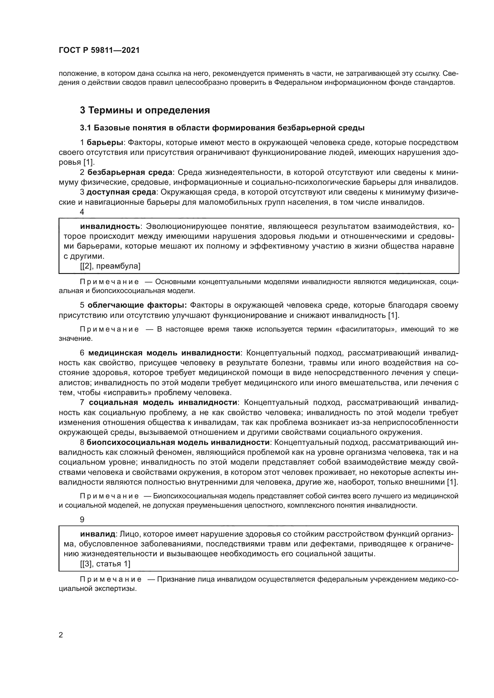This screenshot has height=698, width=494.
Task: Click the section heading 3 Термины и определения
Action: (145, 110)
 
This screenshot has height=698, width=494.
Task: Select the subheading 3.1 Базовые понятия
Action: (222, 128)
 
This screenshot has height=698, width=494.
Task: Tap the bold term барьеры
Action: (105, 143)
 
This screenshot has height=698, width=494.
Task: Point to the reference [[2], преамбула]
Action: (110, 266)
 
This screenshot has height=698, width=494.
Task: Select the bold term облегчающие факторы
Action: (137, 305)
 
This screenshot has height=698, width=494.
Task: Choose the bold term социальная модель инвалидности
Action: (163, 403)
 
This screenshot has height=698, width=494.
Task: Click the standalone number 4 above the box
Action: (82, 212)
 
